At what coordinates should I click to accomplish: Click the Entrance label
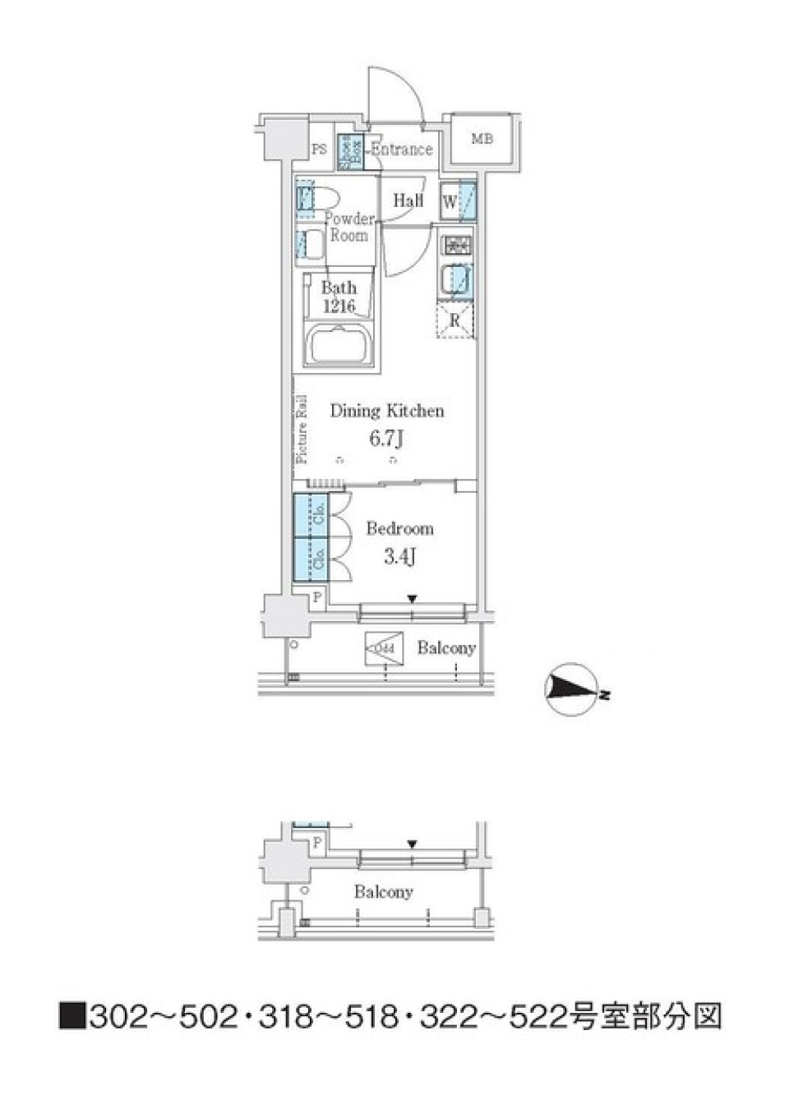click(401, 150)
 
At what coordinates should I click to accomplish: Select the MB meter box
click(482, 140)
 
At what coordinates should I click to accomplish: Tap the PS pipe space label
click(319, 150)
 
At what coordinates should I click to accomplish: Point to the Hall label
click(408, 200)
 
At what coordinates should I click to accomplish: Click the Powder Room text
click(348, 227)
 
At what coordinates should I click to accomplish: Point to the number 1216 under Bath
click(339, 306)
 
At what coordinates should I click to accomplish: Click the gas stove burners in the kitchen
click(457, 245)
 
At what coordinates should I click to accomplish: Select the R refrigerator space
click(455, 321)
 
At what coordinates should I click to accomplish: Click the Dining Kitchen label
click(387, 411)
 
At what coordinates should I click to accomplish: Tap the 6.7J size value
click(385, 439)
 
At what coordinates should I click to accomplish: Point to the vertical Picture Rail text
click(302, 430)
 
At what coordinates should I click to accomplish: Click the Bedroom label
click(399, 528)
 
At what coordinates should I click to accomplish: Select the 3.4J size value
click(399, 557)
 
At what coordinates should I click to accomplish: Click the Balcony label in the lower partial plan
click(383, 891)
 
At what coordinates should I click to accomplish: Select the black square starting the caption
click(72, 1017)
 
